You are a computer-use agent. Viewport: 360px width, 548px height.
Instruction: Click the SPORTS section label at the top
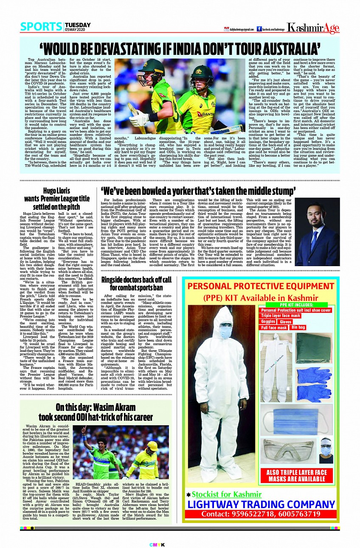click(x=41, y=27)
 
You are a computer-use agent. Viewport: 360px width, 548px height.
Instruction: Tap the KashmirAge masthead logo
click(x=312, y=28)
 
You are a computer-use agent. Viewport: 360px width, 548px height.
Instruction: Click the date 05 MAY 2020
click(x=78, y=29)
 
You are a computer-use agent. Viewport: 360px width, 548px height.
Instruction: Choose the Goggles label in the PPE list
click(x=268, y=322)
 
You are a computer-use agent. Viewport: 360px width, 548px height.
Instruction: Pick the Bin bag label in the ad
click(x=298, y=328)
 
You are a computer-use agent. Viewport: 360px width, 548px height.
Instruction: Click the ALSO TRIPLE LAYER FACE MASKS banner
click(x=297, y=476)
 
